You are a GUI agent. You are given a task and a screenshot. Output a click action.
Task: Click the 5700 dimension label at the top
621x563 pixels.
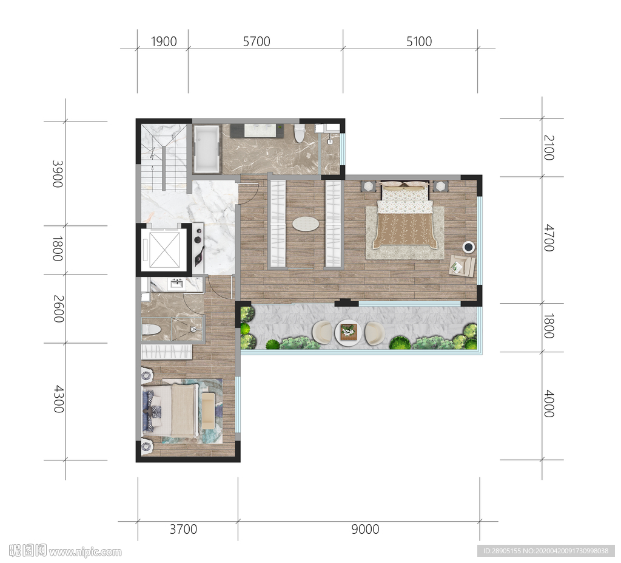(x=257, y=41)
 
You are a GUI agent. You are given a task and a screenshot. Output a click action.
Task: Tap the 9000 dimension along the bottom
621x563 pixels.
(x=365, y=529)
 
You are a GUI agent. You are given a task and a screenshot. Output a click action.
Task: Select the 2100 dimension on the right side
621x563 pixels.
(x=549, y=148)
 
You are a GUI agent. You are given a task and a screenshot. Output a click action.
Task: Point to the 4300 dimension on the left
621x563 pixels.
(x=59, y=399)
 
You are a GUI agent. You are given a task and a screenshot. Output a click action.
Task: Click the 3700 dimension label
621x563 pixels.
(x=183, y=529)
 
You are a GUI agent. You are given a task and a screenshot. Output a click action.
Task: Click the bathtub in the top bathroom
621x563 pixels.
(x=206, y=149)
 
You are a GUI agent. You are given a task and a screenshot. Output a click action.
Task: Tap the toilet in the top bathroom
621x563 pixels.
(x=299, y=133)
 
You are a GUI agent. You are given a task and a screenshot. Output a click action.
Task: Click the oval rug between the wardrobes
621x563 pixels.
(x=306, y=224)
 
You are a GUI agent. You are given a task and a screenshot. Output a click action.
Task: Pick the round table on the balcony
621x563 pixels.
(x=348, y=332)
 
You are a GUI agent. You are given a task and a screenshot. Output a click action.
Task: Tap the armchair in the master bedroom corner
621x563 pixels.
(x=462, y=265)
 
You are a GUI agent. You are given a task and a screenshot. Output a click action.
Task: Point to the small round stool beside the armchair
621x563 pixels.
(x=469, y=247)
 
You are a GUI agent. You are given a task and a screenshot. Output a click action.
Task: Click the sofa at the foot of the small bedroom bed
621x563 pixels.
(x=208, y=411)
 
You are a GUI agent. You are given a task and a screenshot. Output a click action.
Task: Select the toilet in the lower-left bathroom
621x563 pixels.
(x=151, y=330)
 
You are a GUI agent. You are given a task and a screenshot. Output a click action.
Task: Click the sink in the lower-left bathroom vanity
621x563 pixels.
(x=176, y=283)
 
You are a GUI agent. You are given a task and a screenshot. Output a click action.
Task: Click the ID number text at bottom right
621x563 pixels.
(x=545, y=551)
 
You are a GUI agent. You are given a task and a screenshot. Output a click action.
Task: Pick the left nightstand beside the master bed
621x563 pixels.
(x=368, y=186)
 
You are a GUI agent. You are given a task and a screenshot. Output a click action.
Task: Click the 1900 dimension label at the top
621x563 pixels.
(x=164, y=41)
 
